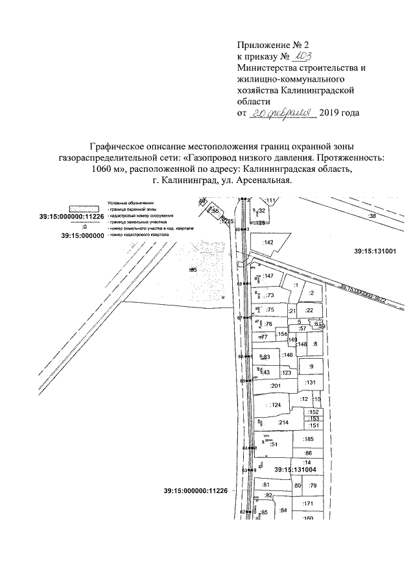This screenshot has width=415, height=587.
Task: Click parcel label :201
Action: pyautogui.click(x=274, y=387)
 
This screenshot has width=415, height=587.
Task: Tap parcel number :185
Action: pyautogui.click(x=308, y=440)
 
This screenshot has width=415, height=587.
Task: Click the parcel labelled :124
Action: pyautogui.click(x=276, y=405)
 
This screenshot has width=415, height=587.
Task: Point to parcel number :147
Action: pyautogui.click(x=270, y=276)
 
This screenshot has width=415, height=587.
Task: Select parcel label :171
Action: pyautogui.click(x=308, y=503)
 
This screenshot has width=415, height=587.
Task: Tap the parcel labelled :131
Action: pyautogui.click(x=310, y=383)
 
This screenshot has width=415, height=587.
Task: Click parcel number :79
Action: pyautogui.click(x=312, y=486)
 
